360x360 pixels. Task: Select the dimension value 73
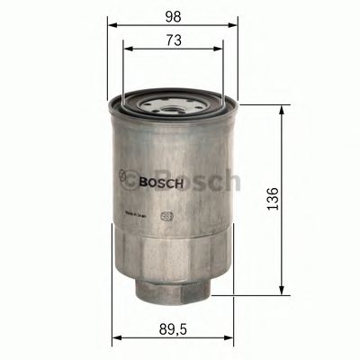(x=174, y=39)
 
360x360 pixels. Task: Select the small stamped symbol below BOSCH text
(x=166, y=216)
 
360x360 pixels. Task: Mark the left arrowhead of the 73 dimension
(x=127, y=49)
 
